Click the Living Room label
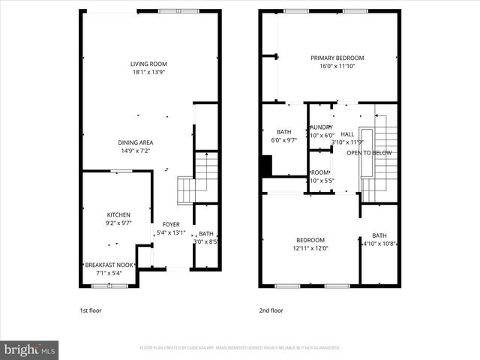coord(148,64)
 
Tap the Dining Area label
coord(136,142)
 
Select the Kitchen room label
coord(118,214)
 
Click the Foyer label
coord(171,224)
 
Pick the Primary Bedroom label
coord(337,58)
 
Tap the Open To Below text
coord(369,153)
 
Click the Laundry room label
coord(321,127)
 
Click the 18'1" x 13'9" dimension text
coord(148,73)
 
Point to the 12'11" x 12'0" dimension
coord(310,248)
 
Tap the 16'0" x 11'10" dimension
coord(337,66)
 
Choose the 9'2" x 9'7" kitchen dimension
coord(118,223)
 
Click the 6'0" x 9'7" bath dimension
coord(283,140)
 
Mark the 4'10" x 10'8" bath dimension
coord(379,244)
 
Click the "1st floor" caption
coord(91,310)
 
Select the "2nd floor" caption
coord(271,310)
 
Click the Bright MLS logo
coord(30,349)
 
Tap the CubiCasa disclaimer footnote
coord(240,348)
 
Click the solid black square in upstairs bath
coord(265,166)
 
